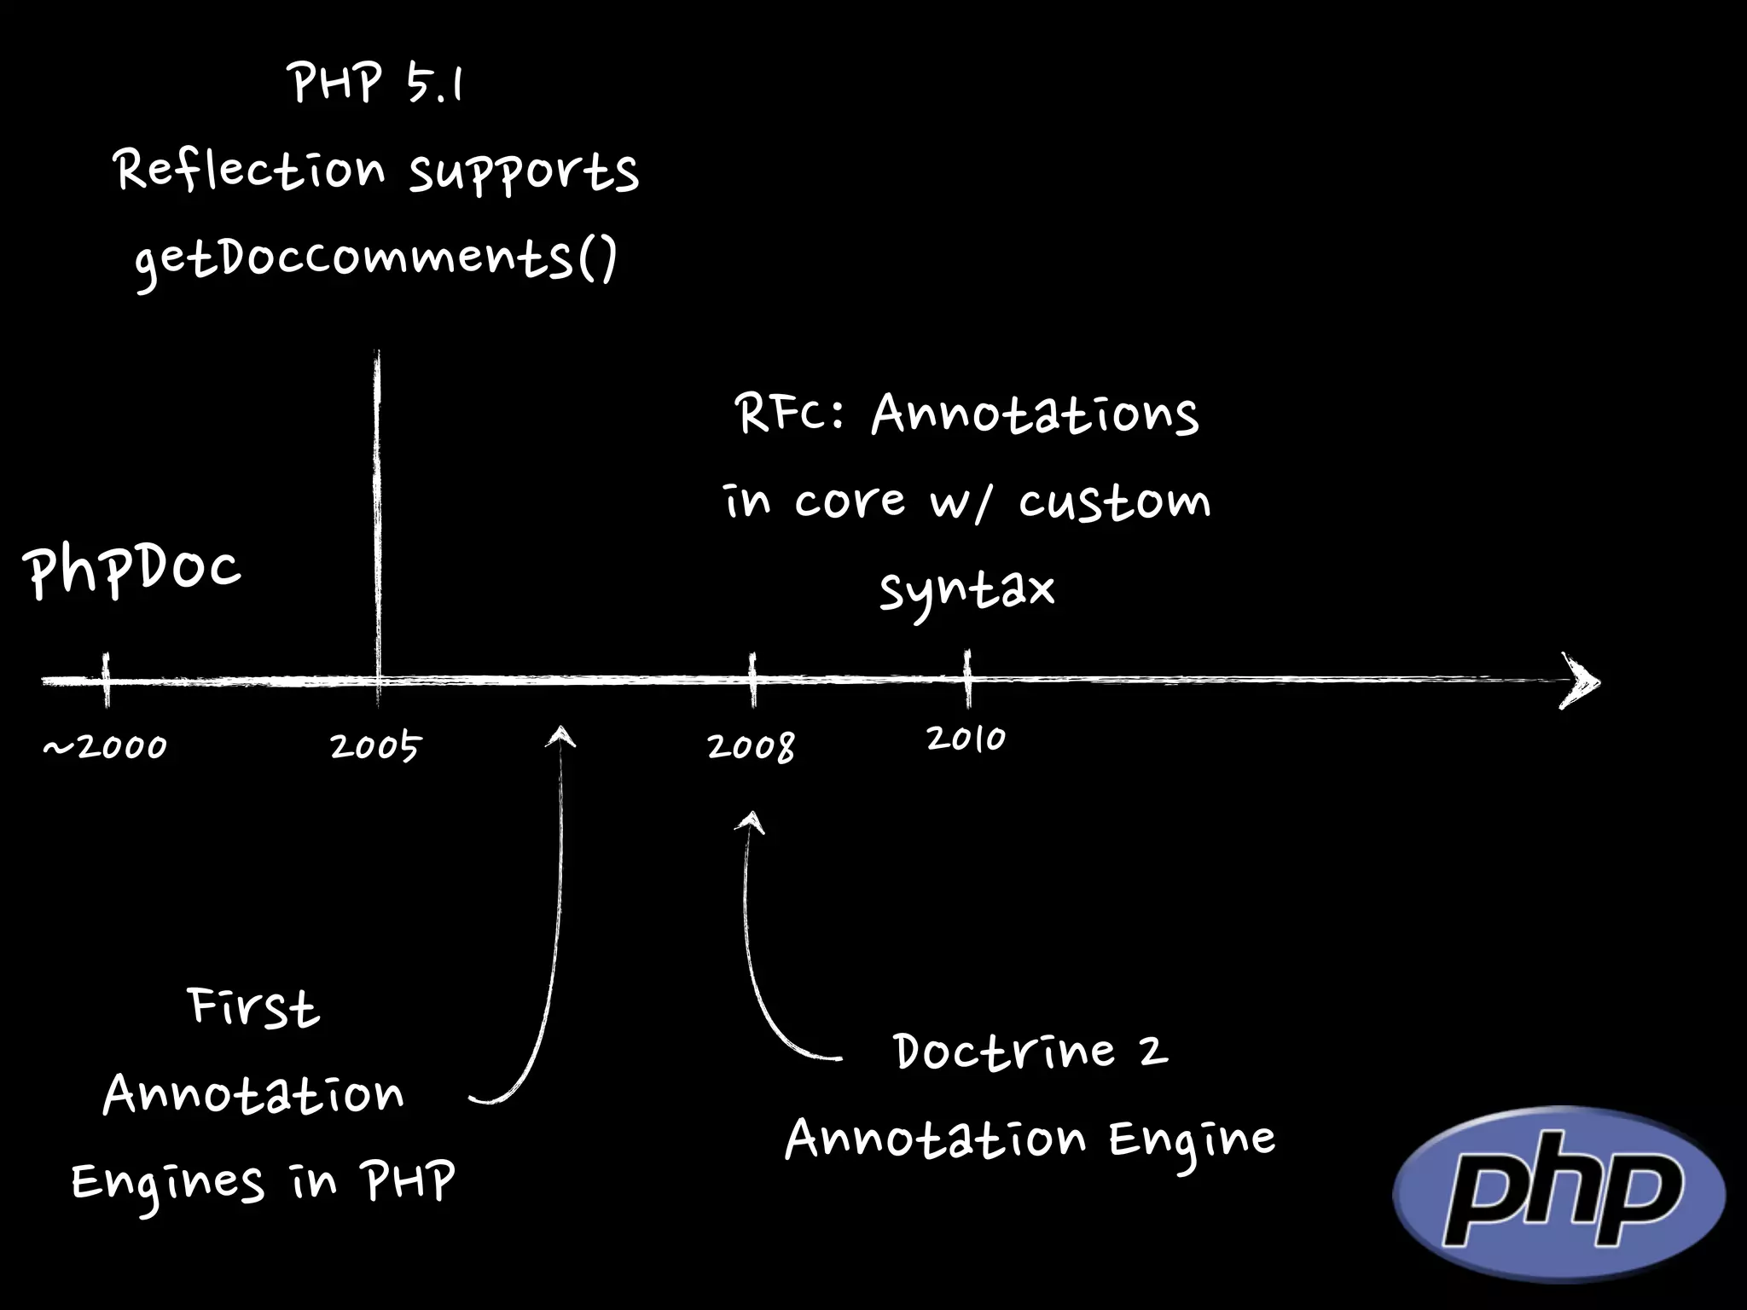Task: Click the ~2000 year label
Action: (105, 748)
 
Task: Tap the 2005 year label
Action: (375, 747)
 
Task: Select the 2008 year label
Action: (751, 747)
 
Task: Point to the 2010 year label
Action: (966, 739)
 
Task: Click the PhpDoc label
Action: (133, 571)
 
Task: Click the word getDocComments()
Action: (375, 259)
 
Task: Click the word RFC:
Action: (789, 415)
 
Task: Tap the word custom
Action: (1114, 501)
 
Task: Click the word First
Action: (253, 1007)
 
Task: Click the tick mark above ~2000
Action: (107, 680)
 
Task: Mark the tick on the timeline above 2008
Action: (752, 680)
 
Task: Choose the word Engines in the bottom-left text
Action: (167, 1184)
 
